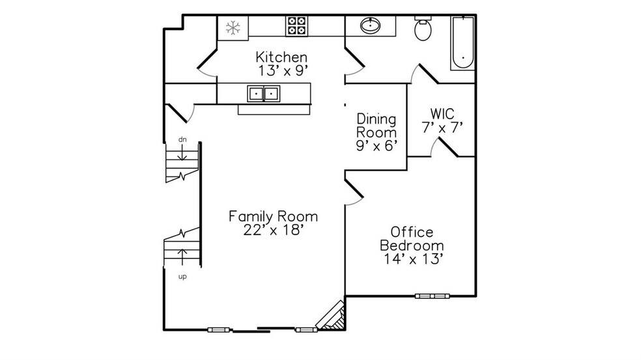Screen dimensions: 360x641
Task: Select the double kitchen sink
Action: [x=263, y=94]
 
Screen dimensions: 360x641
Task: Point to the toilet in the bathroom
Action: [x=422, y=29]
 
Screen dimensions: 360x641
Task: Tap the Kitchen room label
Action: [x=281, y=57]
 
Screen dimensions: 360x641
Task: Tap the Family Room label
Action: [x=273, y=215]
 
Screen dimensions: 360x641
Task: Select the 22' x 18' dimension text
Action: [x=273, y=230]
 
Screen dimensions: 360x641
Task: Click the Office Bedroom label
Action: [x=412, y=239]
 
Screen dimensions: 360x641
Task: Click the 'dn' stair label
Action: [x=184, y=140]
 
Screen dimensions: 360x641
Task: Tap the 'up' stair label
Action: [x=183, y=276]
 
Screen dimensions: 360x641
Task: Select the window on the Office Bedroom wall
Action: [x=433, y=296]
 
